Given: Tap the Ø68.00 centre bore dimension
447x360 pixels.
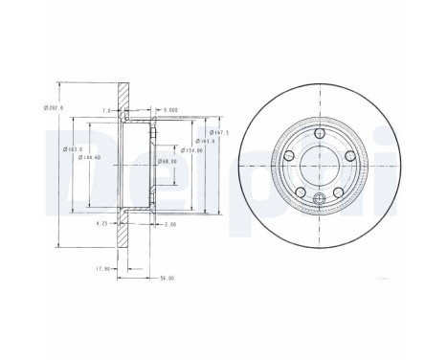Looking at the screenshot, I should coord(166,161).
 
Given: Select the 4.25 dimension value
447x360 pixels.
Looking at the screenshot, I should coord(101,224).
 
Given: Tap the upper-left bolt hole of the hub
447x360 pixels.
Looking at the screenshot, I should coord(290,155).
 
